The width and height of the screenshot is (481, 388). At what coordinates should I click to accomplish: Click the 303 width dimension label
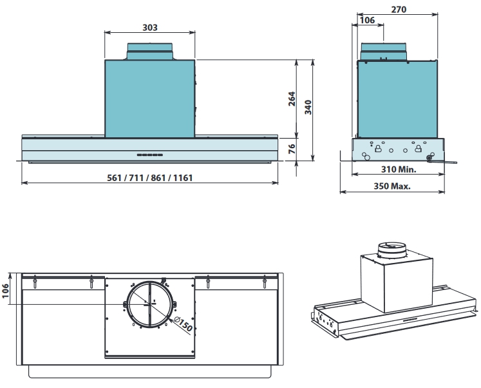150,28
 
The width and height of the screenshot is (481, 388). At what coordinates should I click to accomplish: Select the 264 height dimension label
292,99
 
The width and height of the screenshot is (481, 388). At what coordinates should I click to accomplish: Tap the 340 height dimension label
308,106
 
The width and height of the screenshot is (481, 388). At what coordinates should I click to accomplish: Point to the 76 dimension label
292,149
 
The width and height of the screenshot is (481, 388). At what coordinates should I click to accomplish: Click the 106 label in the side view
367,21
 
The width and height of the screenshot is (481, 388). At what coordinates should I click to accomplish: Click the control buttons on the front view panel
149,155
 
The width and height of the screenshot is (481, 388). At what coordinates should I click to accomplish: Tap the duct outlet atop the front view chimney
150,52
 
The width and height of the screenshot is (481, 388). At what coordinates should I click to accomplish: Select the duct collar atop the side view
384,51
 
